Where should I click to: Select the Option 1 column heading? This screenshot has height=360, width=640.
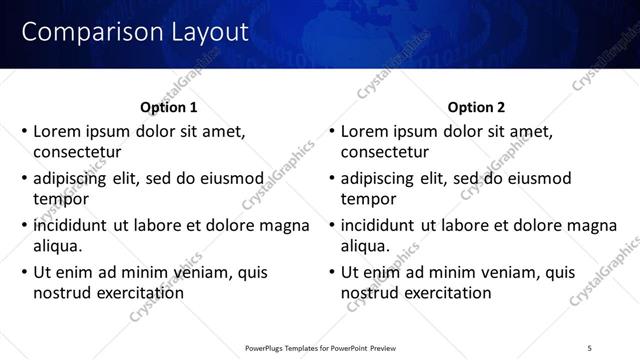coord(169,107)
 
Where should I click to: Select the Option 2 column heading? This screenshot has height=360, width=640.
coord(477,107)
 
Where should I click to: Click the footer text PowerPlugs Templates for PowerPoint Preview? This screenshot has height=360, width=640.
coord(320,347)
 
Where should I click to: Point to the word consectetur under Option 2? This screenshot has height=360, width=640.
coord(385,153)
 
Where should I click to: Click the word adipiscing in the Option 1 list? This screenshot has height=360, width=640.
coord(73,178)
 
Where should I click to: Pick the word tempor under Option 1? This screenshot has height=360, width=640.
coord(61,199)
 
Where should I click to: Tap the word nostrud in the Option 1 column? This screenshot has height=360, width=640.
coord(63,293)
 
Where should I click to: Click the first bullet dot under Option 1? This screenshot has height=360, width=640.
coord(23,131)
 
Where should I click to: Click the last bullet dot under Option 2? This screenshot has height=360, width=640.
coord(331,272)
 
